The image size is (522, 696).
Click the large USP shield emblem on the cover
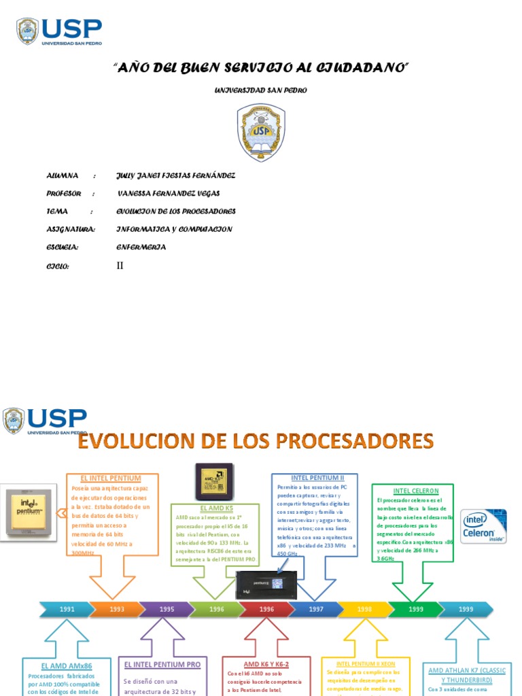click(261, 132)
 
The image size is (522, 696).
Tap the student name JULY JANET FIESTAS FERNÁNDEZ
click(176, 175)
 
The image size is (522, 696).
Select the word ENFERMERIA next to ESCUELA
click(141, 247)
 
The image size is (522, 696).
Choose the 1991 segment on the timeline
click(66, 609)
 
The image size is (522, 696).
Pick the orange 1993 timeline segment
click(117, 609)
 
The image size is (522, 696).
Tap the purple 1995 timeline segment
click(167, 609)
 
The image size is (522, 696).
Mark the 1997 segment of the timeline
click(316, 609)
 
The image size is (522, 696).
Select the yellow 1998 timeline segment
click(365, 609)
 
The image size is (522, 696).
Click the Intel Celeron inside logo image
click(483, 526)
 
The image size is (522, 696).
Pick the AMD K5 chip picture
click(214, 483)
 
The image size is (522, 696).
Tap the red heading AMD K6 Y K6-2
click(266, 664)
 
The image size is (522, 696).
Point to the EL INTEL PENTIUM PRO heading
click(162, 664)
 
